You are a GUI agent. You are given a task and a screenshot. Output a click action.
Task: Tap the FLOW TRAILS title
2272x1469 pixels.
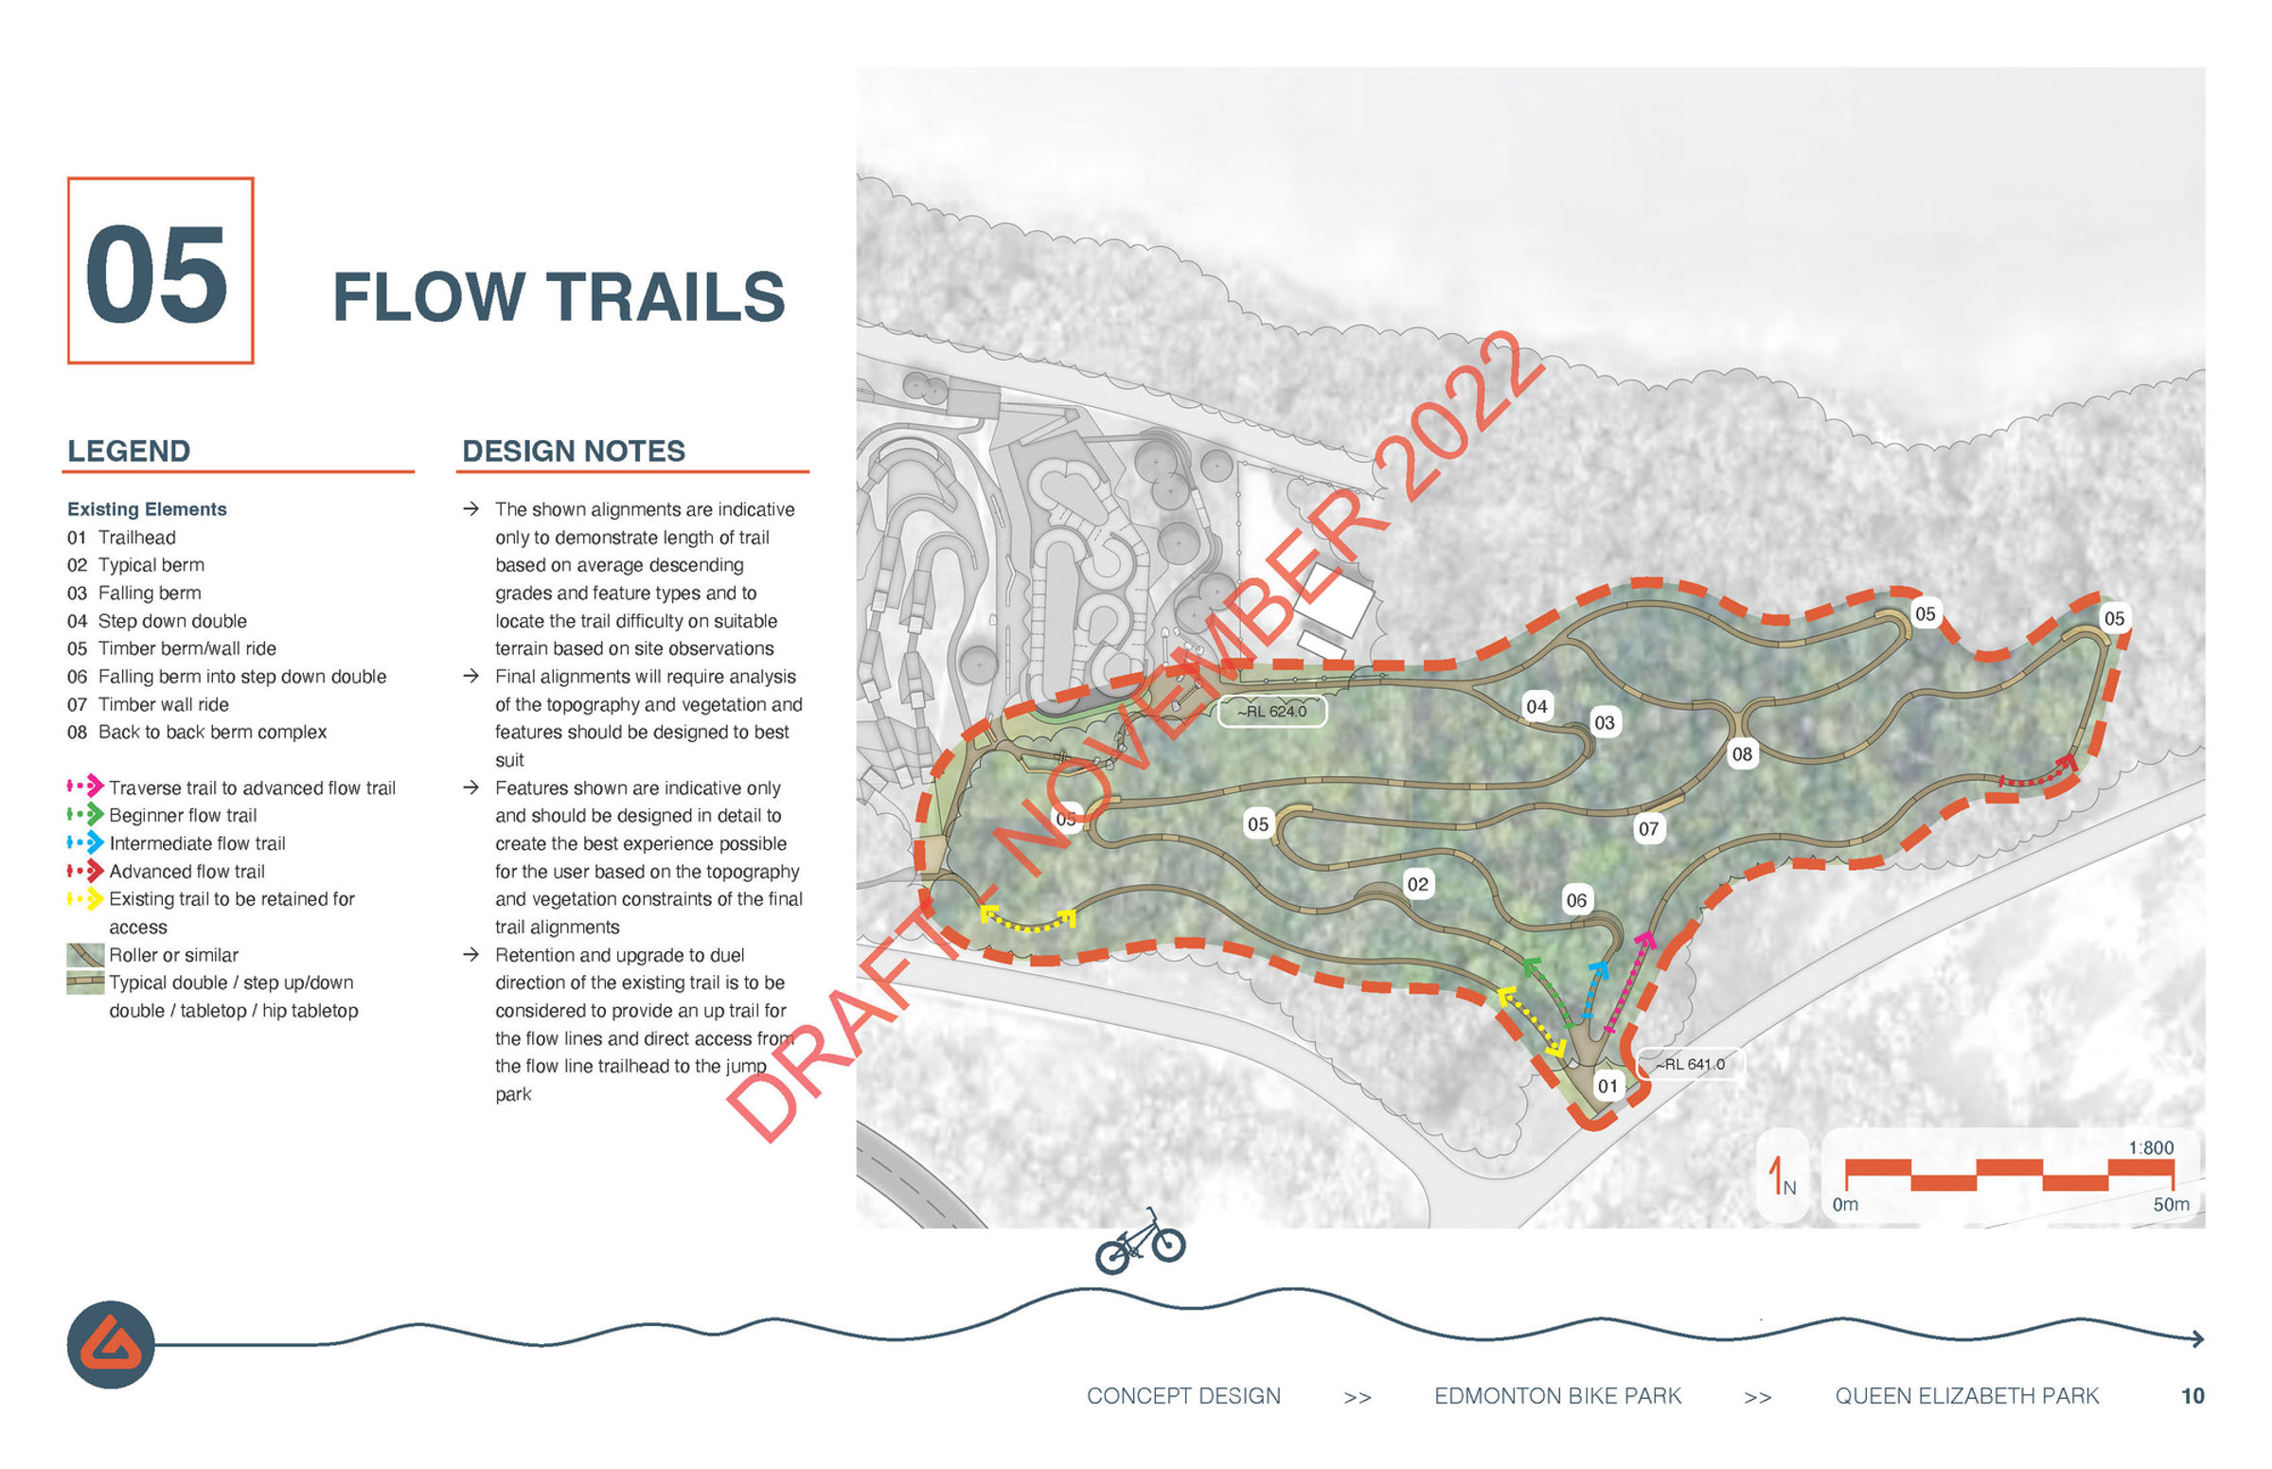tap(558, 296)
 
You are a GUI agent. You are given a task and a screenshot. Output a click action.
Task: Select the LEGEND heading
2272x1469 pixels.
tap(129, 451)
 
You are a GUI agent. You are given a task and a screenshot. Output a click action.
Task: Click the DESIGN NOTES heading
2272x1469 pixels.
tap(574, 451)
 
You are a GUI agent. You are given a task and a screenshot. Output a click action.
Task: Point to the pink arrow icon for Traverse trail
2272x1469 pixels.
tap(86, 787)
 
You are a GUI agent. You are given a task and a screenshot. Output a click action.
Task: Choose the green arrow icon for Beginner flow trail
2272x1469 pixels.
tap(86, 815)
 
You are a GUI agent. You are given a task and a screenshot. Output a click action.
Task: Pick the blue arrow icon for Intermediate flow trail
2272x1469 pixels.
tap(86, 842)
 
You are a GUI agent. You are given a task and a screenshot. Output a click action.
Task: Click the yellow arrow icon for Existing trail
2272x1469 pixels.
tap(86, 898)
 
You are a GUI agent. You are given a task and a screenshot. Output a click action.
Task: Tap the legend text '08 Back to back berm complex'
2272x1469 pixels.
tap(197, 732)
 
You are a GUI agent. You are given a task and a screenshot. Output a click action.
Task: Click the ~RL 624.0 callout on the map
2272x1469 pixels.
tap(1271, 712)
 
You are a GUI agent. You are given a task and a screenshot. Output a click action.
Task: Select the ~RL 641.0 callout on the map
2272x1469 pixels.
tap(1689, 1065)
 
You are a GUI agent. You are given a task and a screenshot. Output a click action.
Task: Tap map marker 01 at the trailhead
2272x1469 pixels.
tap(1608, 1086)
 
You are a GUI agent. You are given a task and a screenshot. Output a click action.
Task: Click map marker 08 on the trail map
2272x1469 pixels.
tap(1742, 754)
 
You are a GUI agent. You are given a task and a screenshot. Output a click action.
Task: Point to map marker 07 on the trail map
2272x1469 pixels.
tap(1648, 829)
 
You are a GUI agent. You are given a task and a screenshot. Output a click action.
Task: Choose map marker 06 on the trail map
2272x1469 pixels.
tap(1576, 900)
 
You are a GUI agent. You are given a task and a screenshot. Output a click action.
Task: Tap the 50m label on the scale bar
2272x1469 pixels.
tap(2170, 1205)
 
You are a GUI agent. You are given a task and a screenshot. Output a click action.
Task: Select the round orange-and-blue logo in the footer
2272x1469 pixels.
tap(111, 1344)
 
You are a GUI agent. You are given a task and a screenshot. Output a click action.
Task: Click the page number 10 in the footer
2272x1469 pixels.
tap(2192, 1396)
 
